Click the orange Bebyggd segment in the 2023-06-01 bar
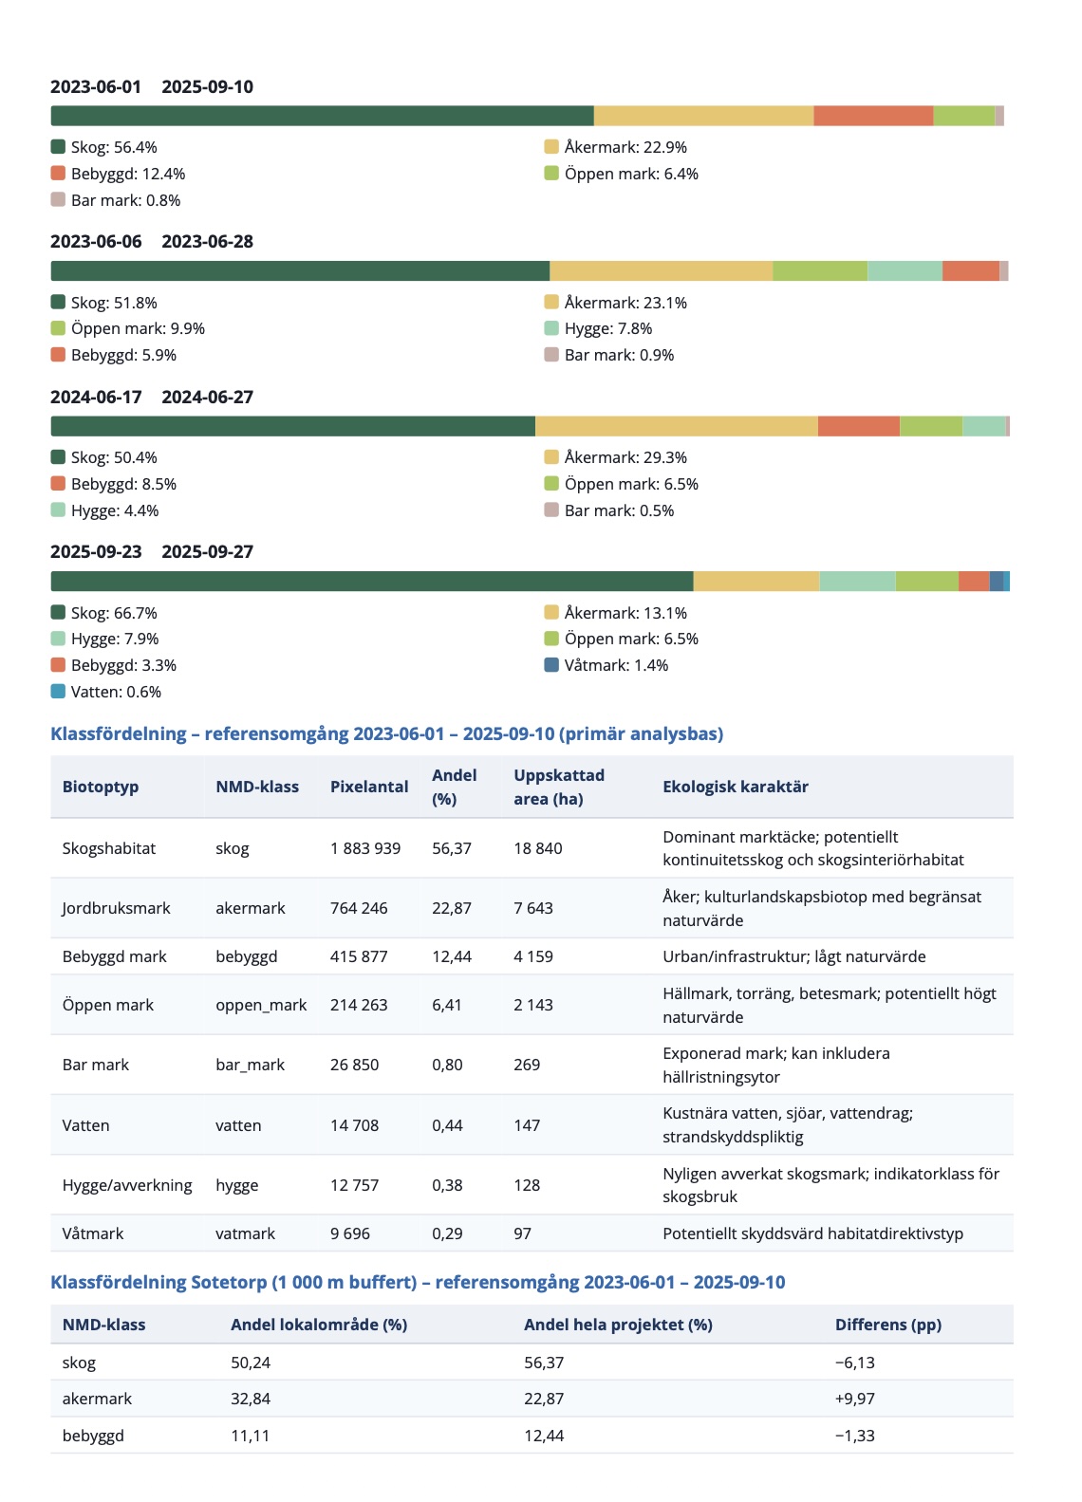[873, 116]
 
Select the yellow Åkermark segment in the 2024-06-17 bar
[676, 426]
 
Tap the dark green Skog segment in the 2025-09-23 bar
[371, 582]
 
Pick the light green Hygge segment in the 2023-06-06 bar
[905, 271]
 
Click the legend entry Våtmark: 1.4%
[606, 665]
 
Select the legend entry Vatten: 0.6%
[106, 692]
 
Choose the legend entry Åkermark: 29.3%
[616, 457]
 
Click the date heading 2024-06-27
[207, 397]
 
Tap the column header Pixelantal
[369, 787]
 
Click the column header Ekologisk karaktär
[736, 787]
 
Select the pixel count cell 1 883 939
[365, 848]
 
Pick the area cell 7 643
[533, 908]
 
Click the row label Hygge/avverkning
[127, 1185]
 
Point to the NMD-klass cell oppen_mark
[261, 1005]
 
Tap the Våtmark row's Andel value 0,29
[447, 1233]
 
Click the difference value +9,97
[855, 1399]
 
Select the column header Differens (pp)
[888, 1325]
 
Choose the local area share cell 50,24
[251, 1363]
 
